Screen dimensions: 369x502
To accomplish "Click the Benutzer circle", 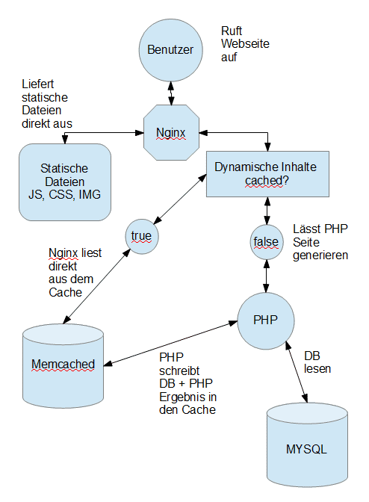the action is pos(170,50).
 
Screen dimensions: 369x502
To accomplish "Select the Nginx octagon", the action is pos(171,132).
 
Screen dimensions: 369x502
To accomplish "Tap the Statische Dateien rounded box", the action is pos(65,182).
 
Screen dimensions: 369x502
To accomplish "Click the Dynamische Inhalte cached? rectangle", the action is pos(267,174).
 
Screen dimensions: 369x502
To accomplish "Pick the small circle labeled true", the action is pos(142,237).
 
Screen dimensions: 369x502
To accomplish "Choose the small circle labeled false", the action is pos(266,242).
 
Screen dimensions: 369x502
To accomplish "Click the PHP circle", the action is pos(266,320).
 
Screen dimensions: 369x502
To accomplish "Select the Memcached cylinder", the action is pos(63,365).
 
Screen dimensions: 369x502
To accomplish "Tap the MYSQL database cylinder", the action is pos(307,444).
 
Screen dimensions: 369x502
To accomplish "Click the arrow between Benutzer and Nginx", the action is pos(171,93).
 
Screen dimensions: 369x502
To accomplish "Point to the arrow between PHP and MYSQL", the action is pos(297,372).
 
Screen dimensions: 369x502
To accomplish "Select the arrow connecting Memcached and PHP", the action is pos(171,343).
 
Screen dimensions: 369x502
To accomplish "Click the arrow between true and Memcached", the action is pos(96,286).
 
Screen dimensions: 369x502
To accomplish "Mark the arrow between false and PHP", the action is pos(266,276).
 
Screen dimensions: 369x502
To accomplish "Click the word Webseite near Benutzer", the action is pos(245,44).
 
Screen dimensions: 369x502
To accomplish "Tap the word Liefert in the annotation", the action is pos(38,84).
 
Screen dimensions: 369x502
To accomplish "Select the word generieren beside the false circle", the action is pos(320,255).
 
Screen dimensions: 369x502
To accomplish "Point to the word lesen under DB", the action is pos(317,369).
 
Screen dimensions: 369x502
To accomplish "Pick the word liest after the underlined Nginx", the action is pos(91,253).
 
